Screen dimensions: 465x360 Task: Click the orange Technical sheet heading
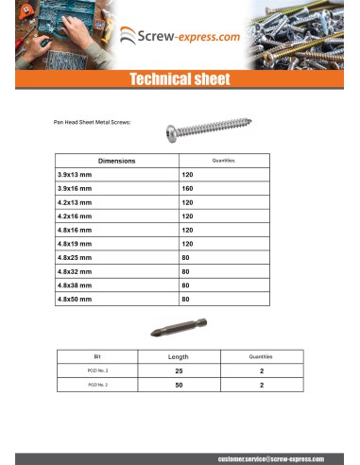point(180,79)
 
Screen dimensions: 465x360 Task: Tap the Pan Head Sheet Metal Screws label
point(92,123)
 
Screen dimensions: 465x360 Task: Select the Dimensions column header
point(116,161)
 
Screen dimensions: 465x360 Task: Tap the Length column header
point(178,357)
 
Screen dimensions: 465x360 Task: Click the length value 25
point(178,371)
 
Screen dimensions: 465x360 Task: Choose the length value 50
point(178,386)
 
